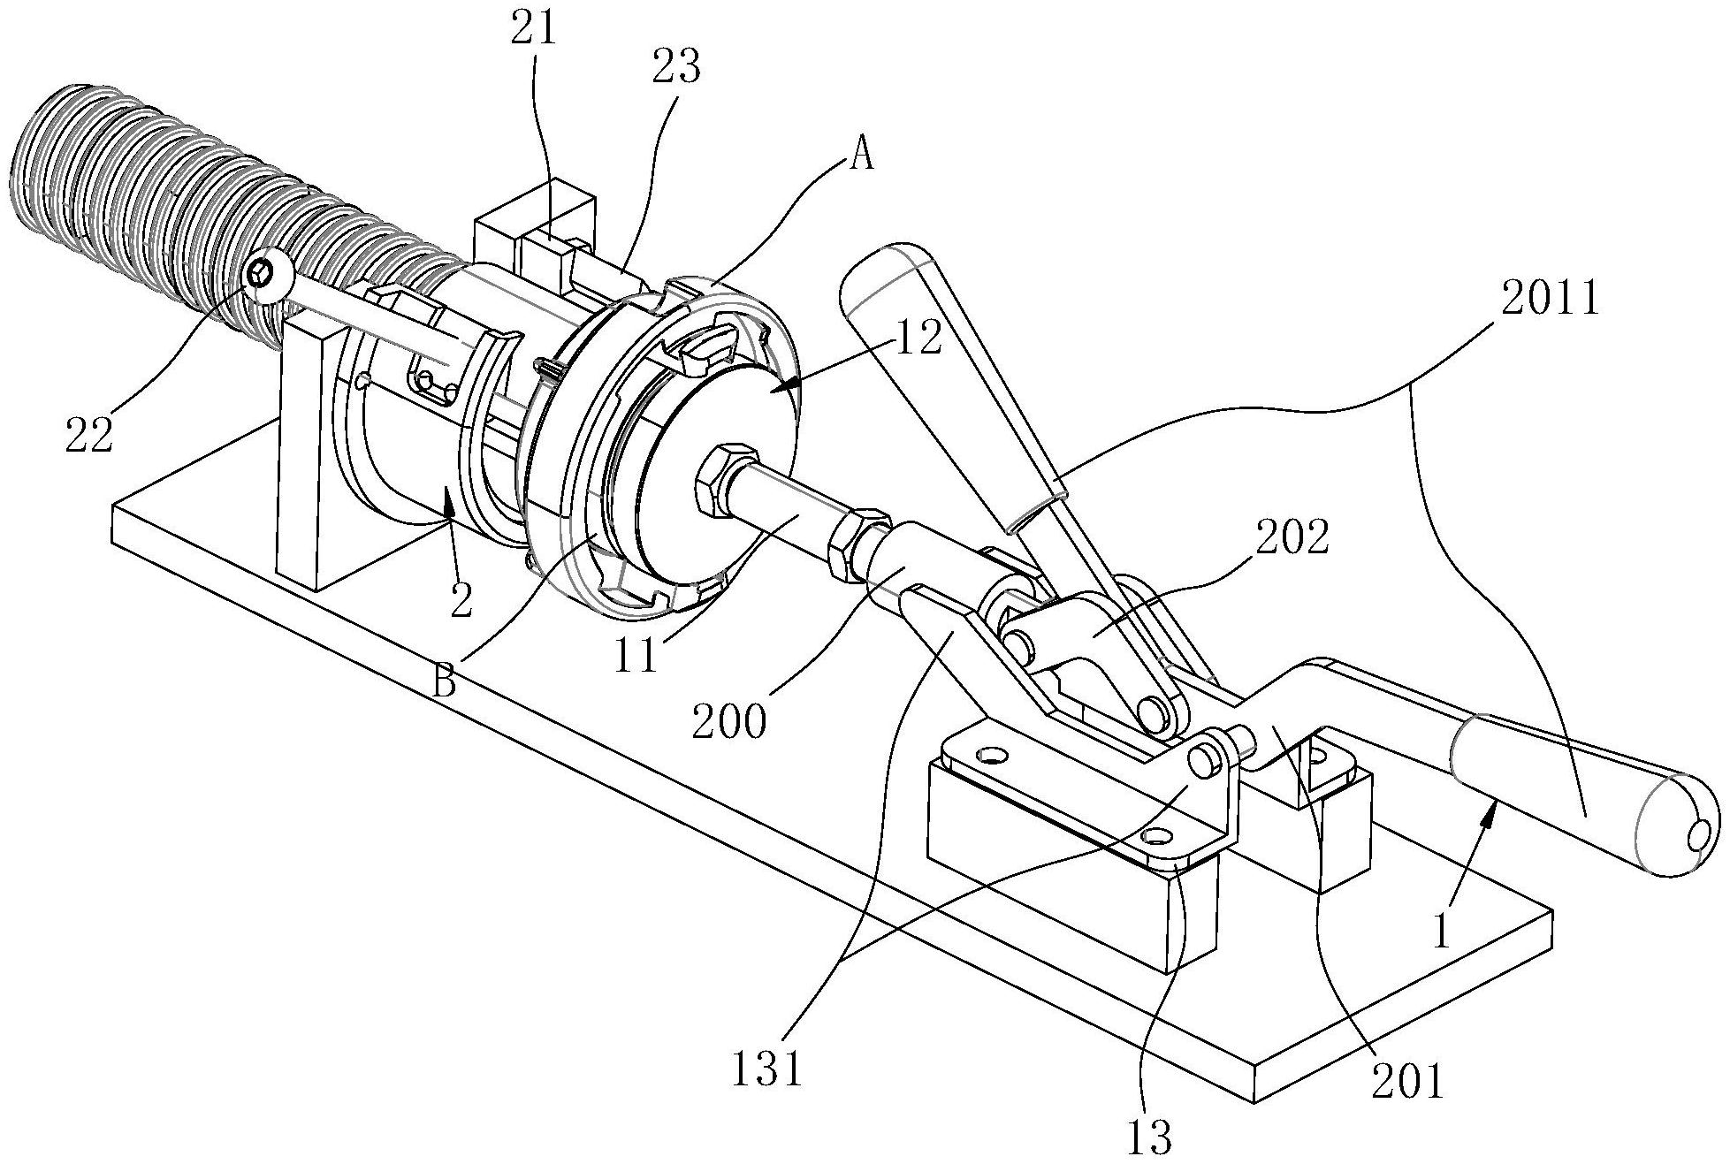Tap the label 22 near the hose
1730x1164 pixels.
pos(88,436)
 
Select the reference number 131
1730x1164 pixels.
pos(766,1069)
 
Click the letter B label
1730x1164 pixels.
pos(444,681)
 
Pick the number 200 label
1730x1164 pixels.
pos(729,723)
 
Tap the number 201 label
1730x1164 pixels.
pos(1407,1080)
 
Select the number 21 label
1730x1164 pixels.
pos(535,28)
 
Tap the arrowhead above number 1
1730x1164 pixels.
pos(1491,810)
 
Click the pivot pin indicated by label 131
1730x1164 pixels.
pos(1201,759)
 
